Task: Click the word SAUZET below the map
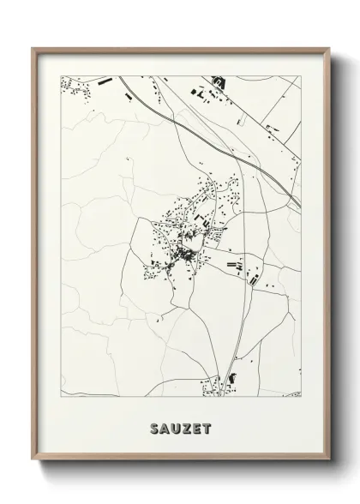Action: click(180, 426)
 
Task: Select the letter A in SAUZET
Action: click(164, 426)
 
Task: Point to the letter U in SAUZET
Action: click(175, 426)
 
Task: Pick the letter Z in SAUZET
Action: click(186, 426)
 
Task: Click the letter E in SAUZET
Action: click(196, 426)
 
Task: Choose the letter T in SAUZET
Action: click(207, 426)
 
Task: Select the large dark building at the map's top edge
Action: click(217, 82)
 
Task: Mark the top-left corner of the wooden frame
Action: click(33, 48)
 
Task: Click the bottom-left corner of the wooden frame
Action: click(33, 462)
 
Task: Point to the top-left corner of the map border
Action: click(61, 76)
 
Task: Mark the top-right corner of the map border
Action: click(301, 76)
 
